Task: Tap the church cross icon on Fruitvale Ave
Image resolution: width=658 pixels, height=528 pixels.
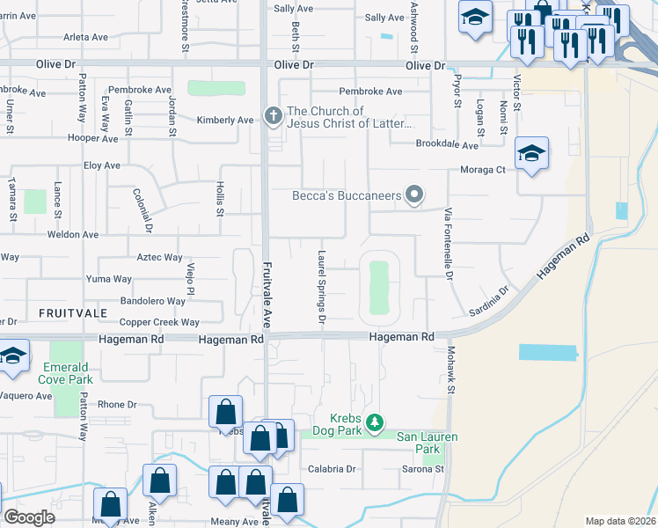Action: tap(274, 115)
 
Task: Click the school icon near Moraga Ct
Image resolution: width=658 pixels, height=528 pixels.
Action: tap(531, 154)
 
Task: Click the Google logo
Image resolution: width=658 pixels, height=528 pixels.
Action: tap(30, 517)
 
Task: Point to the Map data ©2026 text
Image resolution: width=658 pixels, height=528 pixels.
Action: tap(619, 521)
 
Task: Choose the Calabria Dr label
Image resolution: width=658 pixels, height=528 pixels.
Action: tap(331, 469)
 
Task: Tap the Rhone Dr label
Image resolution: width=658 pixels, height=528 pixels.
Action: tap(118, 405)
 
